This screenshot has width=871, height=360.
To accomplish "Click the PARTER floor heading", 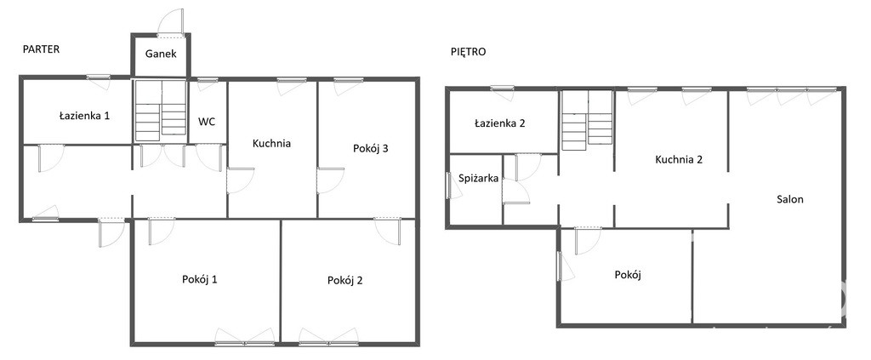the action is pos(41,49).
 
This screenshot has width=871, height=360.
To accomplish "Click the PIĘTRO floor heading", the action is pos(469,52).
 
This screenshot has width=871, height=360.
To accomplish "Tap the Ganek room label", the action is pos(161,54).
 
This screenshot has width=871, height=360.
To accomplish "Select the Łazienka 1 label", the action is pos(84,116).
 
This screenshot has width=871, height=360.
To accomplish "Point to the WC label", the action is pos(208,122).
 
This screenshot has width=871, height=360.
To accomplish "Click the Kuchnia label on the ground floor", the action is pos(271,143).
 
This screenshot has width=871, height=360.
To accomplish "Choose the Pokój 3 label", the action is pos(371,148).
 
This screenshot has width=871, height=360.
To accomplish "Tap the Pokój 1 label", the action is pos(199,279).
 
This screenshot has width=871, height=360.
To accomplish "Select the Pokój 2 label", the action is pos(345,281).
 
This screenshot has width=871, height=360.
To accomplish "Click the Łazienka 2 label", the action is pos(500,123).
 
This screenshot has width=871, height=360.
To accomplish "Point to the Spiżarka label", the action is pos(479,179).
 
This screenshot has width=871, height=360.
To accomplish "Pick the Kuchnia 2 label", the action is pos(680,160).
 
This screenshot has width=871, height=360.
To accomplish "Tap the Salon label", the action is pos(790,199).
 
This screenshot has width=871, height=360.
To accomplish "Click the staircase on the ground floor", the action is pos(161,110).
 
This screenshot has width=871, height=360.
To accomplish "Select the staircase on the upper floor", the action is pos(587,121).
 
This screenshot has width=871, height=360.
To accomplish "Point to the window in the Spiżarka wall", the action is pos(449,185).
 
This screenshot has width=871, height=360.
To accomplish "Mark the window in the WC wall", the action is pos(208,82).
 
